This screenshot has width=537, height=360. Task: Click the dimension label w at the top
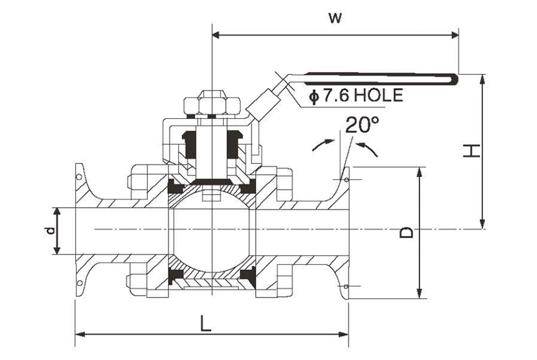(335, 18)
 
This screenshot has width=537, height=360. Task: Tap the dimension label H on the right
(471, 151)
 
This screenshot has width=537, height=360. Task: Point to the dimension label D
(407, 232)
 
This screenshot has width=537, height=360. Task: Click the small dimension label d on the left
(50, 231)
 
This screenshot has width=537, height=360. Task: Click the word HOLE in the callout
(378, 95)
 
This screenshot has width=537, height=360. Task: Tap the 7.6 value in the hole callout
(336, 95)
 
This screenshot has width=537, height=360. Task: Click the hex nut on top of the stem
(212, 102)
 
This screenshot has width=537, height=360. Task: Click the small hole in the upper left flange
(79, 177)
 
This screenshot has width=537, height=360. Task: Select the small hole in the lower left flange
(79, 283)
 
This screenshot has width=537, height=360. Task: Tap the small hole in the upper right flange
(347, 179)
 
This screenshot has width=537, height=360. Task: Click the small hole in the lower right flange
(346, 286)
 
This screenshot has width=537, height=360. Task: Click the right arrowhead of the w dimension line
(454, 35)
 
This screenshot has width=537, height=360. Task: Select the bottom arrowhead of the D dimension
(419, 293)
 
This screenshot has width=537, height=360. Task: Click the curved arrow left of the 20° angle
(323, 145)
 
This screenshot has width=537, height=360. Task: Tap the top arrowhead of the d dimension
(57, 213)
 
